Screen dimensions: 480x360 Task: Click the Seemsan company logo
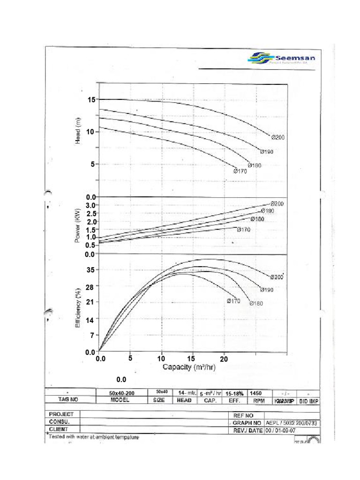point(281,59)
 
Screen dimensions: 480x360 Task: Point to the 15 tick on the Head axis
point(90,100)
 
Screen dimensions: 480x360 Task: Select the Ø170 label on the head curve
point(240,172)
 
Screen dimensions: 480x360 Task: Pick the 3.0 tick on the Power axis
point(90,205)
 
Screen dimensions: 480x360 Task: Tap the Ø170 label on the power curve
point(244,230)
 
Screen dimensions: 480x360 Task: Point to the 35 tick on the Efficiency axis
point(90,270)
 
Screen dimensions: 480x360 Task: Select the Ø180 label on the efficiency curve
point(257,304)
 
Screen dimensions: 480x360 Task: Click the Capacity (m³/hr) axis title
point(189,367)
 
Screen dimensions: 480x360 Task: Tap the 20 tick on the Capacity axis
point(225,359)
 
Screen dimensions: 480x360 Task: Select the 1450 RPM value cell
point(255,393)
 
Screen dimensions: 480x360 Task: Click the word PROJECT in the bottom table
point(61,415)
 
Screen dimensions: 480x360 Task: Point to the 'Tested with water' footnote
point(94,437)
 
